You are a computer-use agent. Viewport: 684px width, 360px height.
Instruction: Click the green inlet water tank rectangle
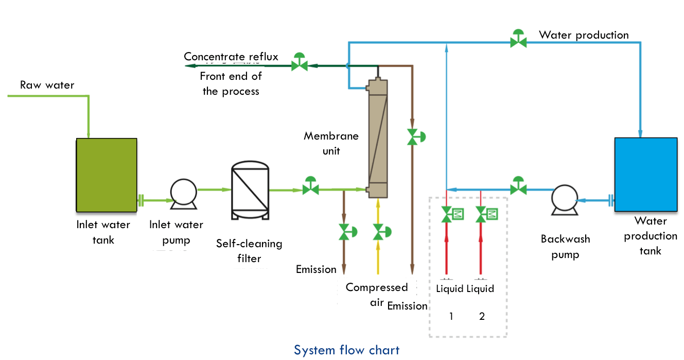pos(107,175)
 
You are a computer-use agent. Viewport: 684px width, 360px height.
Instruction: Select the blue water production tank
pos(645,175)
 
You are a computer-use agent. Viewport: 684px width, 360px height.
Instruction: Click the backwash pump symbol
pos(565,200)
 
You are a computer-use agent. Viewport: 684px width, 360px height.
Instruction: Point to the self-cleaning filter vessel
pos(250,190)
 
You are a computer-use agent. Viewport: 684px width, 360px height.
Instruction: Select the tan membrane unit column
pos(378,138)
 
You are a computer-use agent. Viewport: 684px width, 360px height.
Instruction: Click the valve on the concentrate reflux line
pos(299,62)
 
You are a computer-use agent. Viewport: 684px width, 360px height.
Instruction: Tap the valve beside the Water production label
pos(518,39)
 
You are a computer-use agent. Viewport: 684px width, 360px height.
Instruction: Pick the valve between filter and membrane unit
pos(310,186)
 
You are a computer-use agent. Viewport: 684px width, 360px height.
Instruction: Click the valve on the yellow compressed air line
pos(381,232)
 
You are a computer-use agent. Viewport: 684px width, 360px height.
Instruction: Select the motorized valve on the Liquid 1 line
pos(452,214)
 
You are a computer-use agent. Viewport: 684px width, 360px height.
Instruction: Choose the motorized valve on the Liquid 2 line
pos(486,214)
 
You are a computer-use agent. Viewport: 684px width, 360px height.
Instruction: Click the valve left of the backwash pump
pos(518,186)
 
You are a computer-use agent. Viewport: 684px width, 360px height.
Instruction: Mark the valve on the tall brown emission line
pos(416,137)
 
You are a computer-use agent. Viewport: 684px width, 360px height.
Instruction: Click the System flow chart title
pos(346,350)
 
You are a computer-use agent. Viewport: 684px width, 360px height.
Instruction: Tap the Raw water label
pos(47,85)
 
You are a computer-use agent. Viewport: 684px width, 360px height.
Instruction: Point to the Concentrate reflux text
pos(231,57)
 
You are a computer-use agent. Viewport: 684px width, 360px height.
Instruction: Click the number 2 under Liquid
pos(482,316)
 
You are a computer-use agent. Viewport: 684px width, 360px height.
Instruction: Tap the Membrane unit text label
pos(331,143)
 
